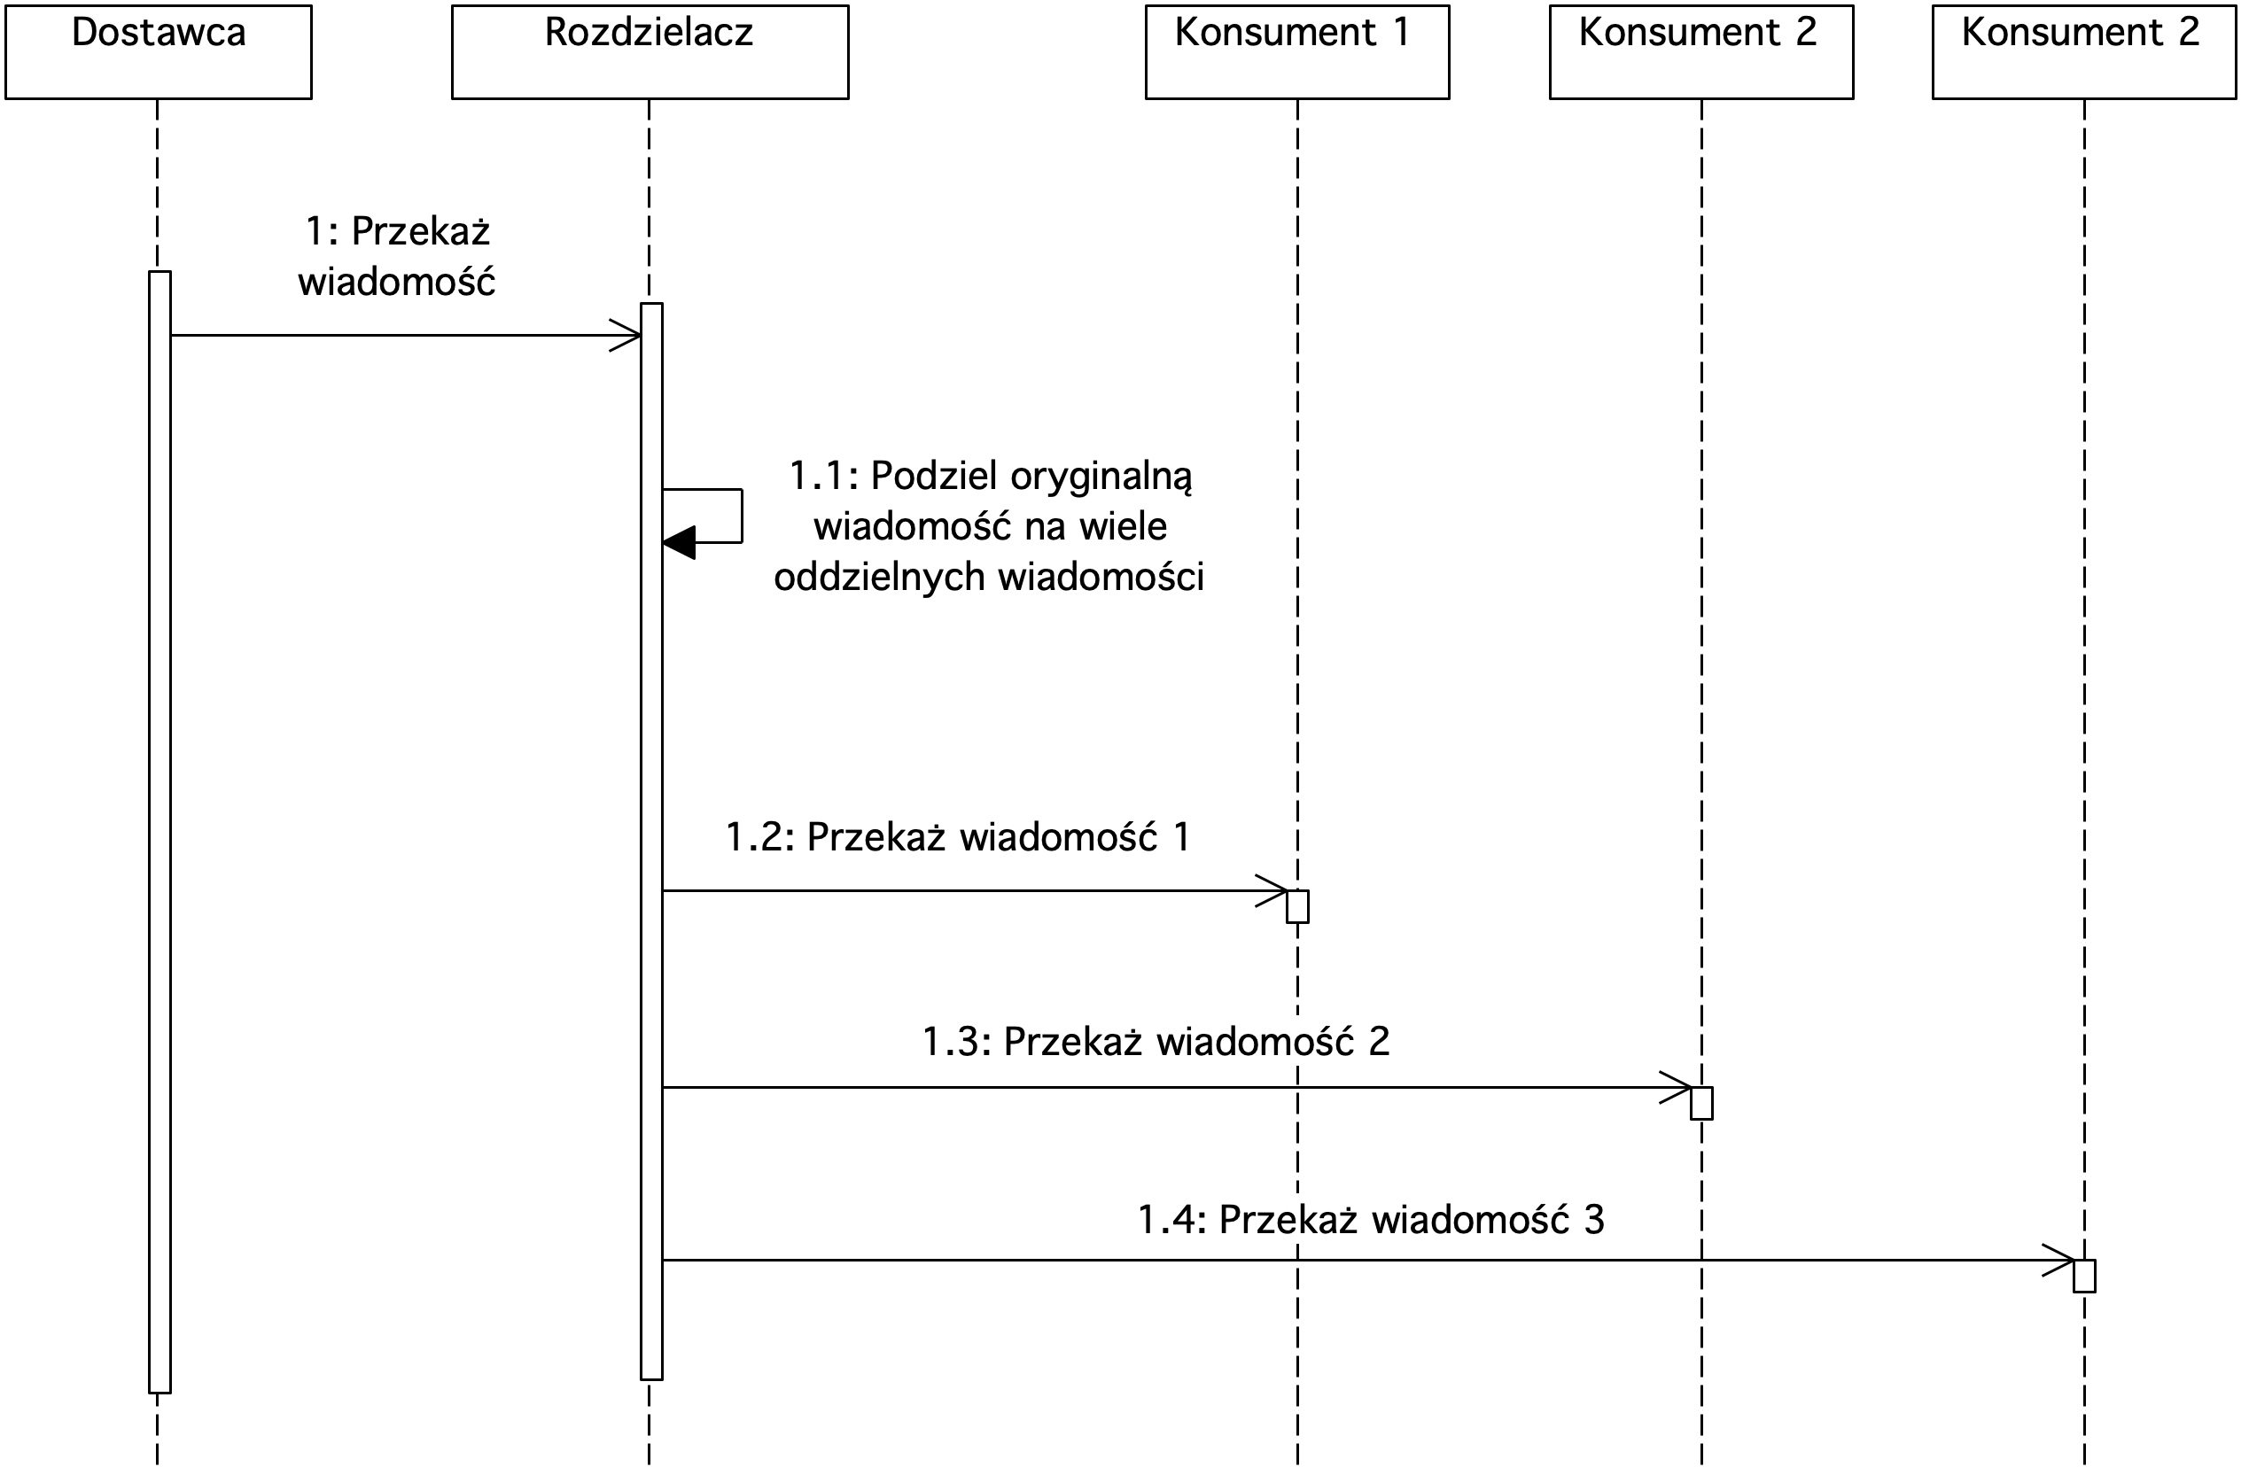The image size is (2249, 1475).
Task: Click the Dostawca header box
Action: [159, 52]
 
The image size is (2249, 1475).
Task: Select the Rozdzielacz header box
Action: [650, 52]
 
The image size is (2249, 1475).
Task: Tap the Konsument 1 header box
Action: [1297, 52]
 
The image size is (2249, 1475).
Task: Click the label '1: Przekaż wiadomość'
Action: [397, 256]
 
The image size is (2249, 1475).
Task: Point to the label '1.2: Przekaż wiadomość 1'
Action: [957, 837]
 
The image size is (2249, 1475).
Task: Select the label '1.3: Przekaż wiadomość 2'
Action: [1156, 1041]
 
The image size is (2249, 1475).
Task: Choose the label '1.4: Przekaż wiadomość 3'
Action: [1371, 1220]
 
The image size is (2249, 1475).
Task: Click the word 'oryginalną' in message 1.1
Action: [1101, 477]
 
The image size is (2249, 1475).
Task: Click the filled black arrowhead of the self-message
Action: [679, 542]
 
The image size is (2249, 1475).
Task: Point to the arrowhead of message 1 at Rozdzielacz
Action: [626, 335]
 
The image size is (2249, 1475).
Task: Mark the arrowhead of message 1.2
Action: [1272, 890]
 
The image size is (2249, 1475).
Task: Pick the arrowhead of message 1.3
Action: [1676, 1088]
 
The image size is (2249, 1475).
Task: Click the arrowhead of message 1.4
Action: [2058, 1261]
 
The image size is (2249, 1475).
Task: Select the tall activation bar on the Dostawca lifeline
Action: [160, 833]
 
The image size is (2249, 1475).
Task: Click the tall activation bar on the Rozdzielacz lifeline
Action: [651, 841]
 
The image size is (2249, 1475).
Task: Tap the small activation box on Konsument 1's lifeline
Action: [1297, 906]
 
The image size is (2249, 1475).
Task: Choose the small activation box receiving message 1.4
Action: [2083, 1277]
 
